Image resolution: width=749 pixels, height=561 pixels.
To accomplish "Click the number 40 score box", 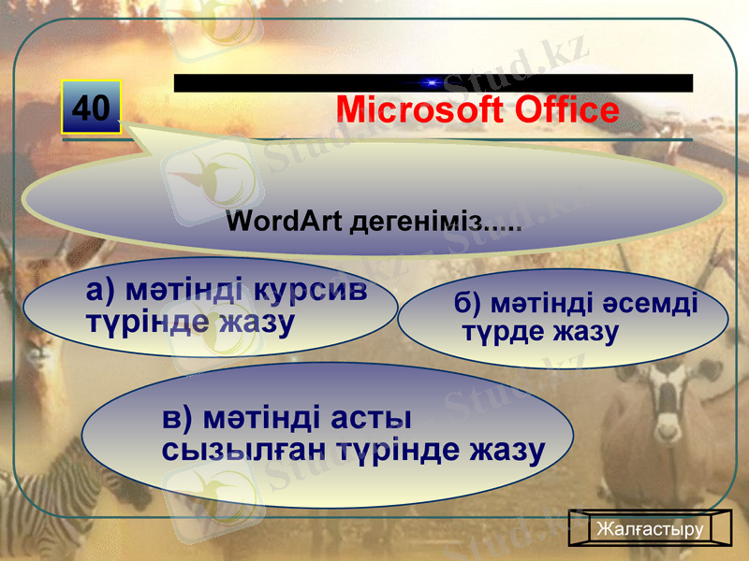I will tap(92, 108).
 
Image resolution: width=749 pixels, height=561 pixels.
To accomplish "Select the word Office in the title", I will tap(563, 110).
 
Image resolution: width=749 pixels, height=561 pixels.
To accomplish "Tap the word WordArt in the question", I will tap(286, 223).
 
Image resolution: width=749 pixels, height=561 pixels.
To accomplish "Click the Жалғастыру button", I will tap(650, 529).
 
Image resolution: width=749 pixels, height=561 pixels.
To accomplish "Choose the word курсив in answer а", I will tap(310, 289).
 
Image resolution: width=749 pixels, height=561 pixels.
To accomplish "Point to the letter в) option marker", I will tap(177, 414).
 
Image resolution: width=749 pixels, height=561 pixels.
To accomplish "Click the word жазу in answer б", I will tap(584, 331).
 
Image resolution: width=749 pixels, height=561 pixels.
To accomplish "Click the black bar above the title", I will tap(281, 83).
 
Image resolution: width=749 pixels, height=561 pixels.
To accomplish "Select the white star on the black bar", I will tap(433, 83).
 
